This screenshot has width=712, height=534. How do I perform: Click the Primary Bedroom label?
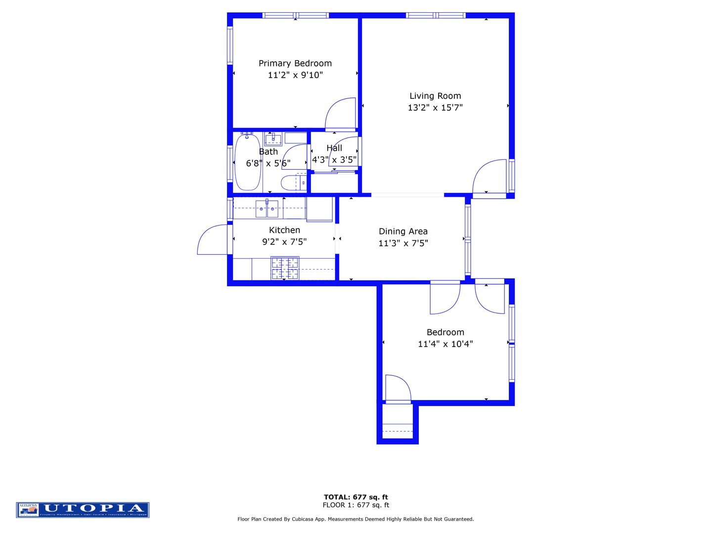(295, 63)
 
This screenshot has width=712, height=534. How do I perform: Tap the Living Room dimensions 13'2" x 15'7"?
(435, 108)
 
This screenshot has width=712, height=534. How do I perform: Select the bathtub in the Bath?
(248, 162)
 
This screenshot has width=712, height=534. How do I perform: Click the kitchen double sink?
(267, 209)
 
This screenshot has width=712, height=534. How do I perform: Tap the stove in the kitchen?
(285, 268)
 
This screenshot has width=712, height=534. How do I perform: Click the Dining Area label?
(403, 231)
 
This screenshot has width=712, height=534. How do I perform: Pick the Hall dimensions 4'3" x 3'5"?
(334, 160)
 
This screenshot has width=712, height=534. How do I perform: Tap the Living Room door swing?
(489, 177)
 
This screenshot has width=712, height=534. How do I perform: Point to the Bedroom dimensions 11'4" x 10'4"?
(445, 344)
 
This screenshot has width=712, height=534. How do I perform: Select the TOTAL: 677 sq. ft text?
(356, 497)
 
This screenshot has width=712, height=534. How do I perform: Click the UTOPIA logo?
(83, 510)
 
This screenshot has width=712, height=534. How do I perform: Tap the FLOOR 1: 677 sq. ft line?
(356, 505)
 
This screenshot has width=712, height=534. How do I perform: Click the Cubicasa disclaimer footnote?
(356, 519)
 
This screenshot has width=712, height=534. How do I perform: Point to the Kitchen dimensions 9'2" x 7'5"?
(284, 242)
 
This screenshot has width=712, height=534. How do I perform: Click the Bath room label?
(268, 152)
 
